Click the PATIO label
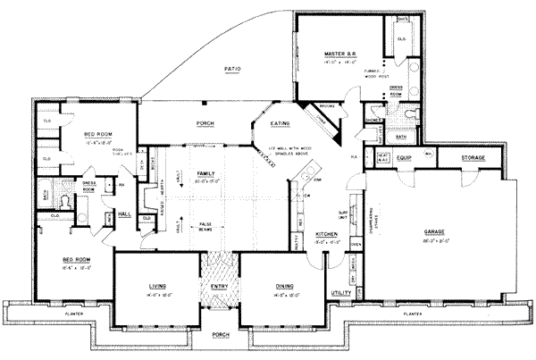233,69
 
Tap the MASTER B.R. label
340,55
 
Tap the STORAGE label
473,158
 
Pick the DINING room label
274,286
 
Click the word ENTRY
219,286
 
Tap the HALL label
124,214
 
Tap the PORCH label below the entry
219,335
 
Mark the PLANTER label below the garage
413,315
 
